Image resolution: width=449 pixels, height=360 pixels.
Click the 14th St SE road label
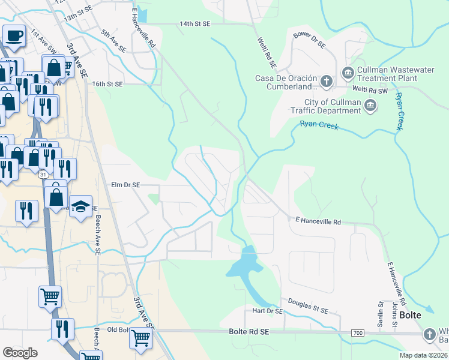195,24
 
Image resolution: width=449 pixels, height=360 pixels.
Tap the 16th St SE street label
107,85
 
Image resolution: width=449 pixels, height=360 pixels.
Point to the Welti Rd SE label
265,53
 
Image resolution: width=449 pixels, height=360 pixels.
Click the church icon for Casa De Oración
326,81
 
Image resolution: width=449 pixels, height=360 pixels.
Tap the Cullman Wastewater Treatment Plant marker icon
348,73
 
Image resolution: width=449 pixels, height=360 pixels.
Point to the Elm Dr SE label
124,186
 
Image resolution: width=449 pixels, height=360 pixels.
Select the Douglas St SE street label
308,306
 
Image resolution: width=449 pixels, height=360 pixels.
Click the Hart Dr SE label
267,311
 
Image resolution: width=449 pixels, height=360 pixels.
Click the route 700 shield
358,332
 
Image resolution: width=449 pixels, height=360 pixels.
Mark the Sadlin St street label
379,315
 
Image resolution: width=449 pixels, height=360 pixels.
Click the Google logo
20,353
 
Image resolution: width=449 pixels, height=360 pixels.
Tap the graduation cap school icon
80,206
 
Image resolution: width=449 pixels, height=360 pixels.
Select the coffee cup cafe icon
13,35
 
